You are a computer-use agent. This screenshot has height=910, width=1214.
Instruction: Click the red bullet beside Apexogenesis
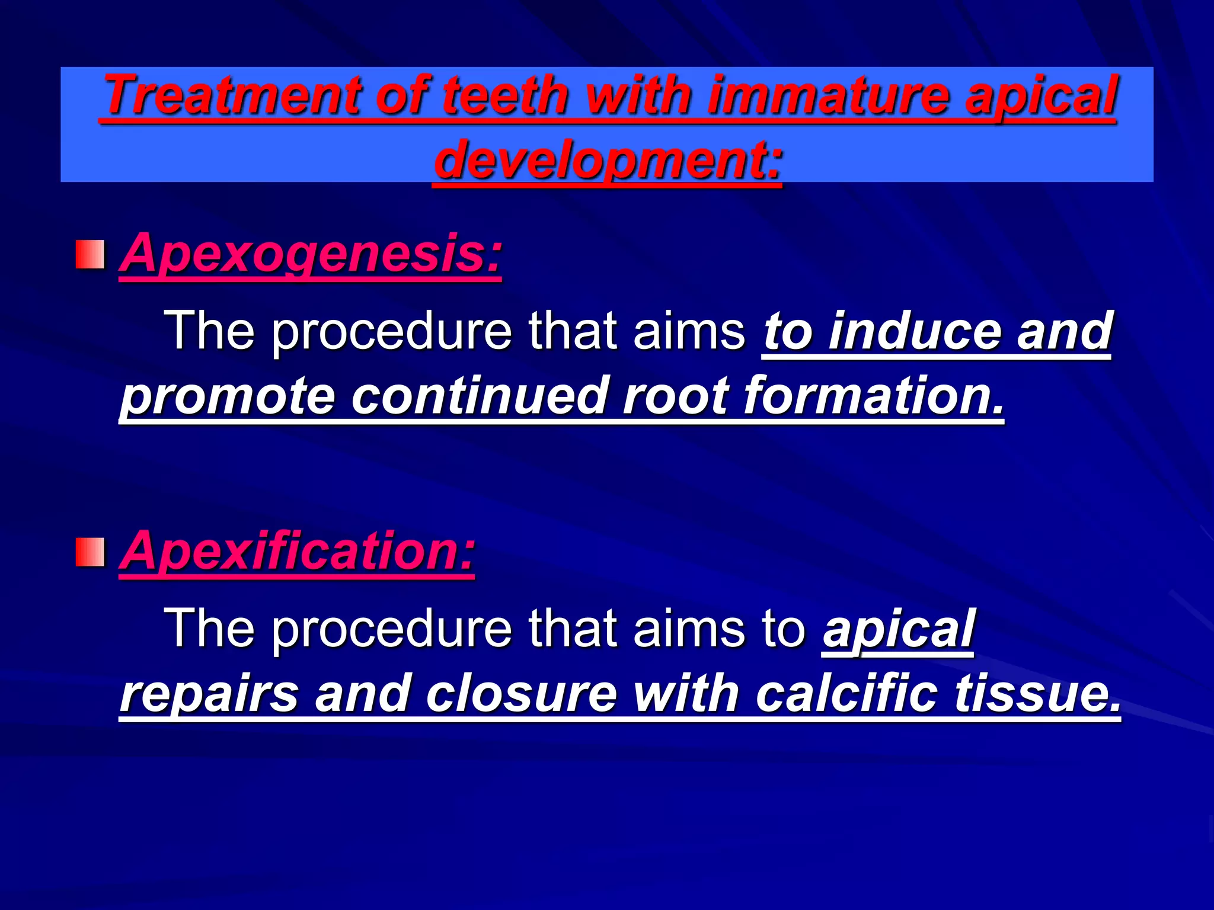click(x=90, y=254)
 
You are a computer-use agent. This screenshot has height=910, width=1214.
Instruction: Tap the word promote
click(x=228, y=396)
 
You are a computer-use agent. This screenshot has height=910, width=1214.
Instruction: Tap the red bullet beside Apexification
click(x=90, y=552)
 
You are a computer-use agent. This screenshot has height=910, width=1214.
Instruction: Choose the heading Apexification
click(x=297, y=551)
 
